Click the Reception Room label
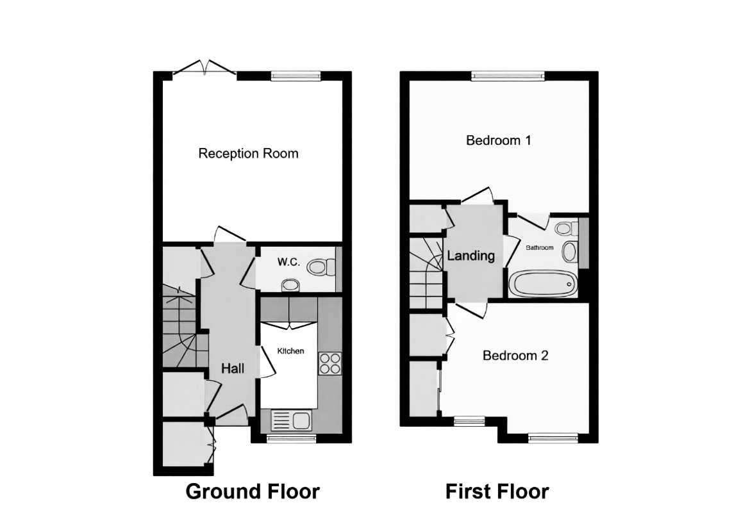[x=248, y=154]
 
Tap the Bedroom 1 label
[x=499, y=140]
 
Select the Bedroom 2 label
[x=515, y=356]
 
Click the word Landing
[x=471, y=256]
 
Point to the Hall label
[x=233, y=368]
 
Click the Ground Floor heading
[x=253, y=491]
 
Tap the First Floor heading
[x=497, y=491]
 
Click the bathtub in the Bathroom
[x=543, y=284]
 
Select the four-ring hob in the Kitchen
[x=330, y=363]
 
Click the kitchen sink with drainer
[x=291, y=420]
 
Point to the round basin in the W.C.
[x=290, y=286]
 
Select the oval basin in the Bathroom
[x=569, y=252]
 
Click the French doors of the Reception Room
[x=204, y=68]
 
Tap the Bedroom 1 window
[x=508, y=76]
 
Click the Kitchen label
[x=291, y=351]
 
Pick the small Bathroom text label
[x=540, y=248]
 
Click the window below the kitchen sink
[x=291, y=438]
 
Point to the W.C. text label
[x=288, y=262]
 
